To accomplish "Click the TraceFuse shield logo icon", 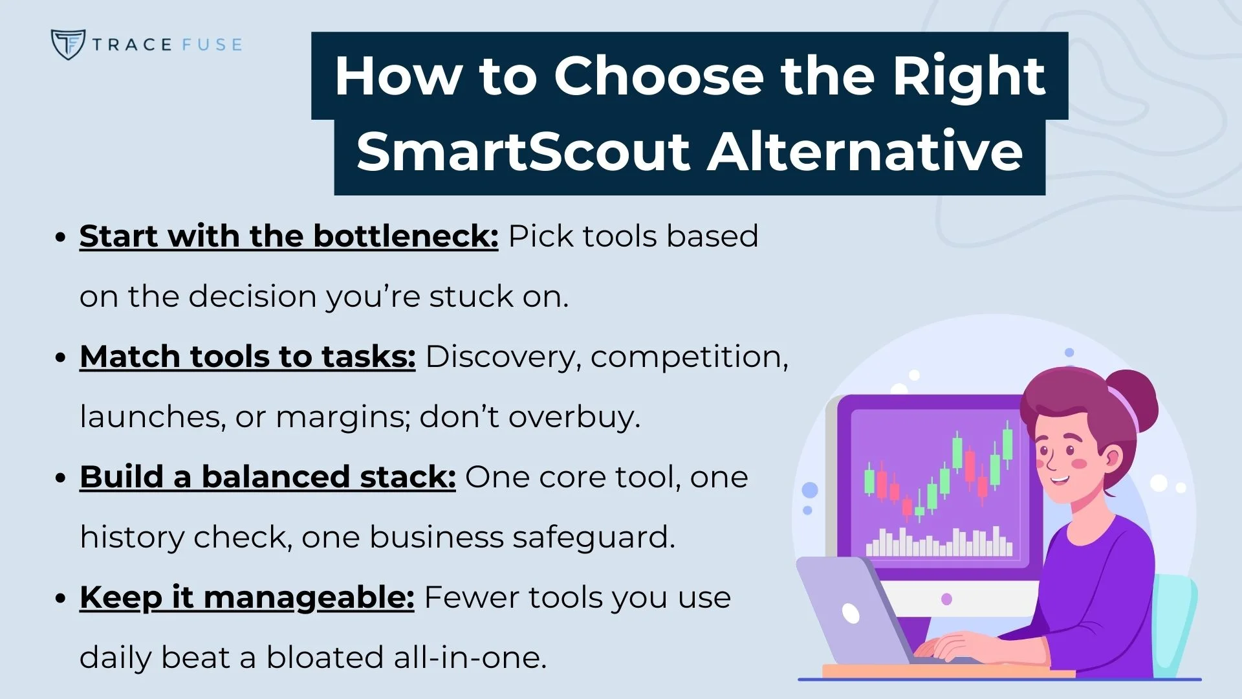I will tap(67, 44).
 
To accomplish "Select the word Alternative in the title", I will tap(865, 152).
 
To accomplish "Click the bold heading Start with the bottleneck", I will tap(289, 236).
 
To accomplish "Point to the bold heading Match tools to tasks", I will tap(247, 357).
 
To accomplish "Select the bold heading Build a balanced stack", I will tap(267, 477).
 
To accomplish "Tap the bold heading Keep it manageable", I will tap(246, 597).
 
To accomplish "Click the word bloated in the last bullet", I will tap(325, 658).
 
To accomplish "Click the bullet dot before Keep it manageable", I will tap(61, 598).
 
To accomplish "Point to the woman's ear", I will tap(1111, 458).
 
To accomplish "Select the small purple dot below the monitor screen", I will tap(946, 599).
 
